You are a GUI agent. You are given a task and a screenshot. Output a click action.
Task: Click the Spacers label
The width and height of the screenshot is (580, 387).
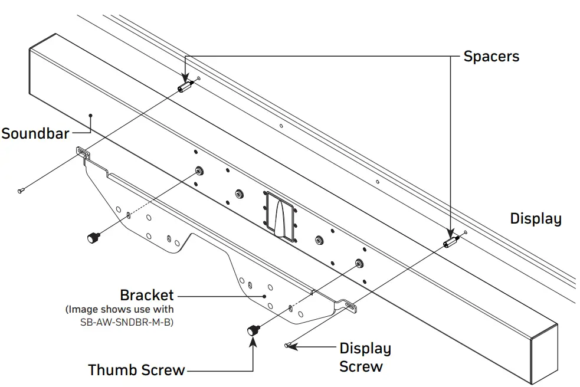pos(491,57)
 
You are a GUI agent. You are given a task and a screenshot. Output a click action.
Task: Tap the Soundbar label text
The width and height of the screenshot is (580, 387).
pos(35,133)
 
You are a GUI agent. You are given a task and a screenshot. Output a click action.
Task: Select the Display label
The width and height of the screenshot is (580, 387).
pos(535,219)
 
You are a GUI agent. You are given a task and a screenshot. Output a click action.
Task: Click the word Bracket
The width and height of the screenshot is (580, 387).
pos(147,294)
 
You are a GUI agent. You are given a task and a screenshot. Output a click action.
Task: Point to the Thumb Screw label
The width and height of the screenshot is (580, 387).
pos(136,370)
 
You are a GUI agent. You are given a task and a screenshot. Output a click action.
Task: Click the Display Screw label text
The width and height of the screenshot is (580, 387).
pos(364,358)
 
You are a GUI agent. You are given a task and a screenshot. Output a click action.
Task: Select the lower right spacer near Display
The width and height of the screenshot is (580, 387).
pos(451,242)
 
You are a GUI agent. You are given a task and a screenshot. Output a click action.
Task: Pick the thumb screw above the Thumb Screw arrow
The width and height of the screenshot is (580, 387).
pos(253,330)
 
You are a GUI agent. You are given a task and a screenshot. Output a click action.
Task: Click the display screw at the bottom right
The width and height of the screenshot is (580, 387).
pos(287,346)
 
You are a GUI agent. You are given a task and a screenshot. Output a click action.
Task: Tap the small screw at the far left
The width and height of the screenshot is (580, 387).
pos(21,189)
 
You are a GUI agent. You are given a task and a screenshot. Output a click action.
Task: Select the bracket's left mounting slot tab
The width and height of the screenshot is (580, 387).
pos(83,153)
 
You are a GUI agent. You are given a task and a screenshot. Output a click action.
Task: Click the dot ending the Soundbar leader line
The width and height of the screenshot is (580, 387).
pos(90,116)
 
